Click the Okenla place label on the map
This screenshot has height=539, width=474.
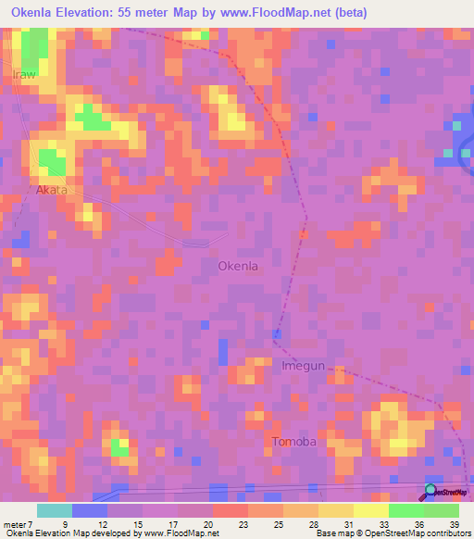pos(237,266)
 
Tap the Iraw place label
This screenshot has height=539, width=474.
pos(24,75)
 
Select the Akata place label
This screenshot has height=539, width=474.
pos(52,191)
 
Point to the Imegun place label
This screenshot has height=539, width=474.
pos(303,366)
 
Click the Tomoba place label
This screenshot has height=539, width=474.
pos(294,442)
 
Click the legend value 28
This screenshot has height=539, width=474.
pos(315,522)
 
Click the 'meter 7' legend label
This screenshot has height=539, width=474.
pos(18,522)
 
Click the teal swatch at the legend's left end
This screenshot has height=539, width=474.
pos(54,510)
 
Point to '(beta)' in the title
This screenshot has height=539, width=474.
pos(351,12)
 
